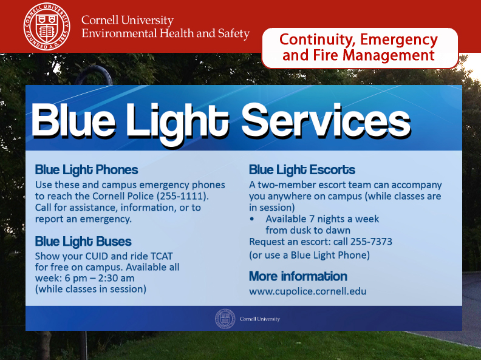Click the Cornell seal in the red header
[x=47, y=26]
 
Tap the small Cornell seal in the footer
[x=225, y=319]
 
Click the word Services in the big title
[x=326, y=121]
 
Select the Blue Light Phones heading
[x=86, y=170]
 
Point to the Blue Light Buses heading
[x=83, y=242]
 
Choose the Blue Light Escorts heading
[x=302, y=170]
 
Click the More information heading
[x=298, y=276]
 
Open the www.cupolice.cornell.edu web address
[x=308, y=291]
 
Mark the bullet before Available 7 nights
[x=252, y=219]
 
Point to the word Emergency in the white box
[x=399, y=40]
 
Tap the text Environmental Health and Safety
[x=166, y=33]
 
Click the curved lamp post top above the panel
[x=93, y=71]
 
